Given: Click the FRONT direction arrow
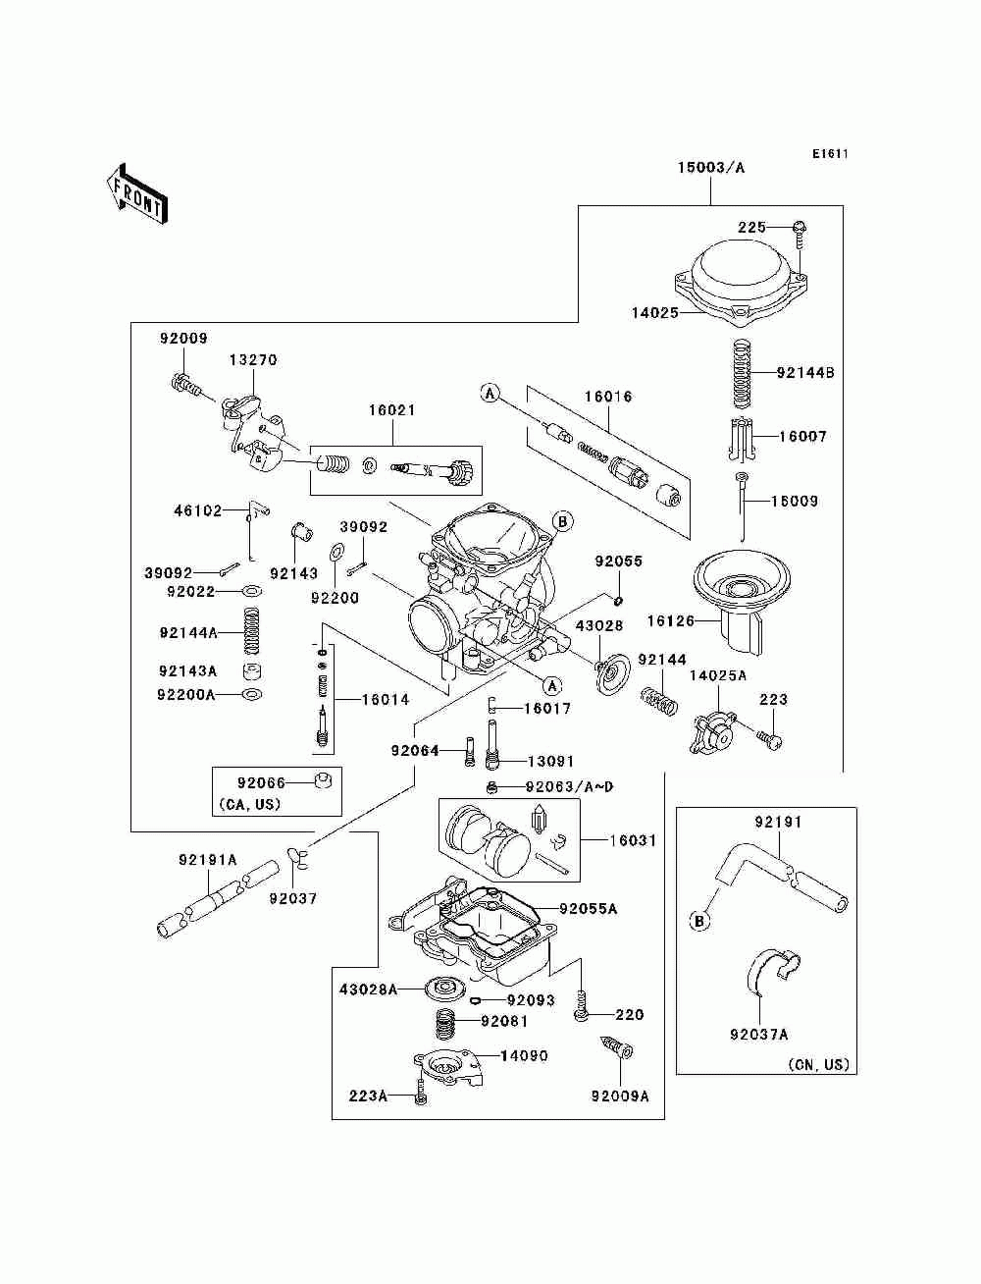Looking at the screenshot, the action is (136, 193).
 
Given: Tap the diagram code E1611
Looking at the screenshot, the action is (830, 154).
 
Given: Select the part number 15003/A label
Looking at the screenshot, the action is (711, 168).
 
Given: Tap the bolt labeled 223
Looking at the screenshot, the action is (769, 738).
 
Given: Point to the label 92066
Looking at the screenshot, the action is (261, 782).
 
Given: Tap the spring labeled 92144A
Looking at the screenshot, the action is (251, 630).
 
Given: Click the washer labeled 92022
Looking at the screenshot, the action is (252, 591).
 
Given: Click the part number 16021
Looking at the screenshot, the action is (392, 410).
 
